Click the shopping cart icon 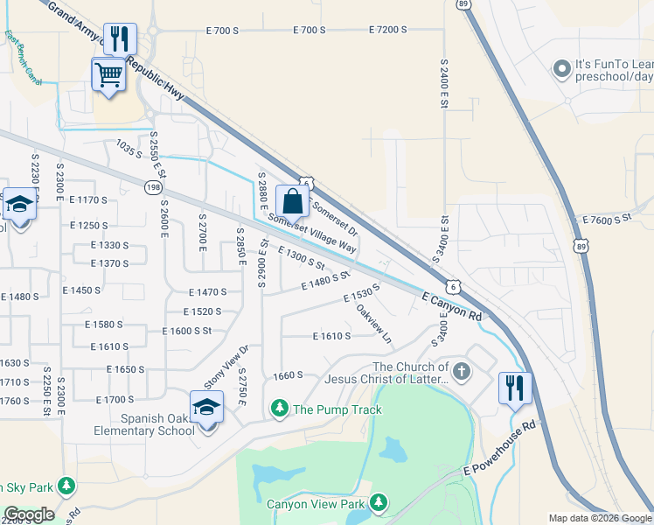point(108,74)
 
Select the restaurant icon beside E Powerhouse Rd point(514,388)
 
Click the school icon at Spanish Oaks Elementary point(207,408)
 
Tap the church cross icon point(462,373)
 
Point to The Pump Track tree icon point(281,408)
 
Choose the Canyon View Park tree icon point(379,502)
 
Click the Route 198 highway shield point(155,186)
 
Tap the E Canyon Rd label point(452,305)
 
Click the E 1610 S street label point(331,336)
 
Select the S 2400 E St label point(444,84)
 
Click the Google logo point(30,514)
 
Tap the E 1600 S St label point(187,331)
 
